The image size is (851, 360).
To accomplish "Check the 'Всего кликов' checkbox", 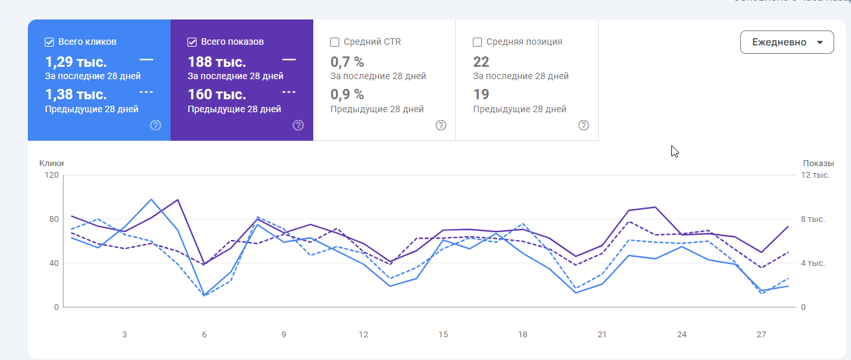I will [49, 42].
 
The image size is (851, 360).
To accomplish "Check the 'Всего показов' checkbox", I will [192, 42].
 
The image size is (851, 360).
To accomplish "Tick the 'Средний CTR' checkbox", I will [335, 42].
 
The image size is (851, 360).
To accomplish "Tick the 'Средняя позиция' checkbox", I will [477, 42].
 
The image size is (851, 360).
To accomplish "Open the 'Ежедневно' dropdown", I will [786, 42].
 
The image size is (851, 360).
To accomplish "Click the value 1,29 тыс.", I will [76, 62].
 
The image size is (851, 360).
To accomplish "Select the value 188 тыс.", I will [217, 62].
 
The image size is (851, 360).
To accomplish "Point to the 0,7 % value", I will [347, 62].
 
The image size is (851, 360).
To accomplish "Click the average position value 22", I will [481, 62].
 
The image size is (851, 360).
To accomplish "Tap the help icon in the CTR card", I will [441, 125].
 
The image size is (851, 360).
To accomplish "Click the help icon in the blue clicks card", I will [156, 125].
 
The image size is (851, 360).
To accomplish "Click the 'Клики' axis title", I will [51, 163].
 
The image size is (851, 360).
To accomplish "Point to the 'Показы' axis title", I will [818, 163].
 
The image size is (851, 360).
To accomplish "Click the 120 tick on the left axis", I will [51, 175].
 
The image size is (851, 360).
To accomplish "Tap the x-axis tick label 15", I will [443, 335].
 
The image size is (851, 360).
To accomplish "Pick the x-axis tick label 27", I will [761, 335].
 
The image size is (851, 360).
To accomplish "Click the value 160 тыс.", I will [217, 95].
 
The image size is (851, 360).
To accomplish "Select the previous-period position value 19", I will [481, 95].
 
